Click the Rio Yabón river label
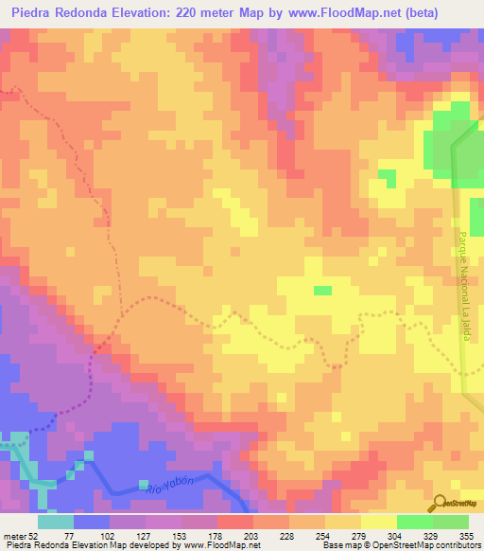click(x=171, y=486)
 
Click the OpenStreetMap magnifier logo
click(x=439, y=503)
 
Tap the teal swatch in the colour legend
click(x=56, y=522)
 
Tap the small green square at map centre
click(x=322, y=291)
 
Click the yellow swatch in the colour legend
click(x=379, y=522)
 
